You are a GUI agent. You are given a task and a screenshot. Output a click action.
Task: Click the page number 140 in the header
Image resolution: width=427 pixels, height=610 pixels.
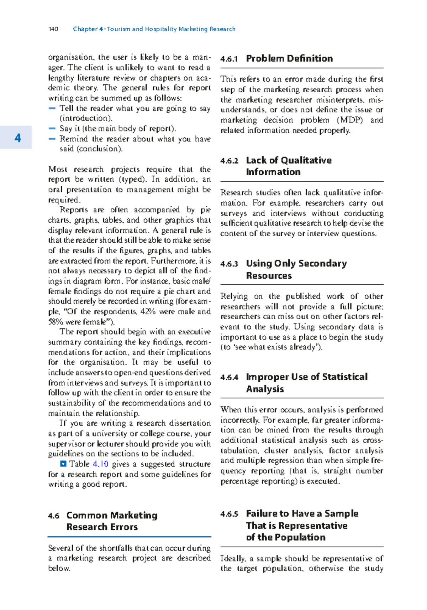53,29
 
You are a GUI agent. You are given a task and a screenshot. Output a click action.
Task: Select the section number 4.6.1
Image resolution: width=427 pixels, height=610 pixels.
229,59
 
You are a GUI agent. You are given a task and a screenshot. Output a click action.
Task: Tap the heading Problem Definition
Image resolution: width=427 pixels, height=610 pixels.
289,58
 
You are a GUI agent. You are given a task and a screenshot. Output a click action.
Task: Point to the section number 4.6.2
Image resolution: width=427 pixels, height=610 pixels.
229,161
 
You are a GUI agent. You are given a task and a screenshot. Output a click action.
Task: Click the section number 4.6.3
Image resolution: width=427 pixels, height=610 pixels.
229,264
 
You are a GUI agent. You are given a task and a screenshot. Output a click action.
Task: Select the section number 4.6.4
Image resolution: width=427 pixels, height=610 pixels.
229,378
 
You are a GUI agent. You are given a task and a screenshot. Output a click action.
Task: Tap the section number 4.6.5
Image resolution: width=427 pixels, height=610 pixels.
229,514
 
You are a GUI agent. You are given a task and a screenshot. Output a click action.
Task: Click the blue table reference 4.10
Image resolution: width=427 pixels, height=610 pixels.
100,464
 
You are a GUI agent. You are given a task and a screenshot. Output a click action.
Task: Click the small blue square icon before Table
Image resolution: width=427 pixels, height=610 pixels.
63,464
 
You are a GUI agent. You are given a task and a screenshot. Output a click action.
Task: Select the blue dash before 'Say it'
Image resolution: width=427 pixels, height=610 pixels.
52,128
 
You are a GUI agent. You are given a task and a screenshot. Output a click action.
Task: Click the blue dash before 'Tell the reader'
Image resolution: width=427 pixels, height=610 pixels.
52,108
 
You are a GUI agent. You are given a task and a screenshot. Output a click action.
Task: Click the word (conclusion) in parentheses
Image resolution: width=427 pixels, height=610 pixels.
91,149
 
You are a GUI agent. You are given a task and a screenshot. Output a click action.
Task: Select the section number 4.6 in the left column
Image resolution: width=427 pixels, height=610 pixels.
54,516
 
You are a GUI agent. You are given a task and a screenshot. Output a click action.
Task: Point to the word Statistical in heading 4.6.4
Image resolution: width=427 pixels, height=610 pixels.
344,377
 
